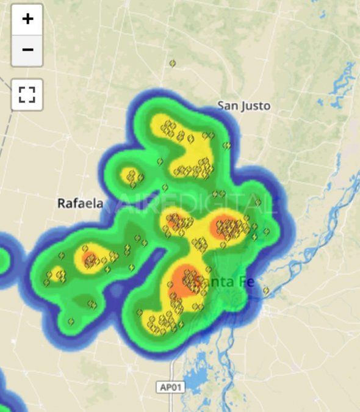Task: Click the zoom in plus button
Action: [x=27, y=19]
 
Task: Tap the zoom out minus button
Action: [x=27, y=49]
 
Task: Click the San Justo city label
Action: [x=243, y=106]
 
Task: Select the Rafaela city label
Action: [x=80, y=203]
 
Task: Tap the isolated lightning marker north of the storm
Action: [x=173, y=63]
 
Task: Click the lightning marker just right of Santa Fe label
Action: [x=266, y=291]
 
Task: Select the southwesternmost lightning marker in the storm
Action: [x=71, y=321]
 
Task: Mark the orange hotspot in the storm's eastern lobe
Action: [x=226, y=228]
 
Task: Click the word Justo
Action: [x=256, y=106]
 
